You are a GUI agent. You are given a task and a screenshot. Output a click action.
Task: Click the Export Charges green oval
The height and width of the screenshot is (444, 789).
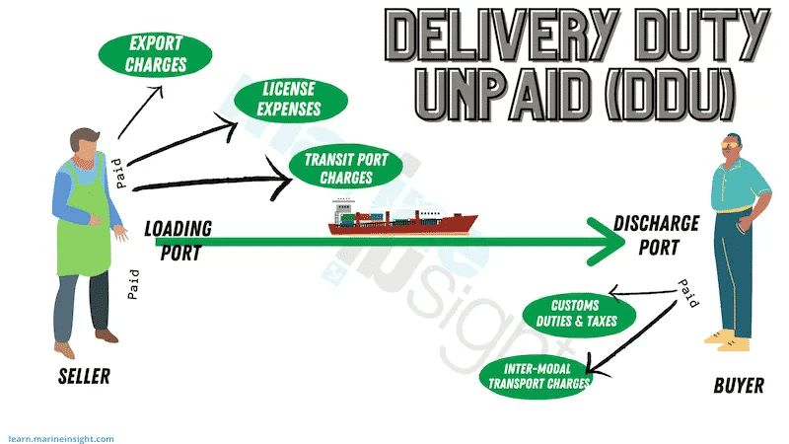(155, 54)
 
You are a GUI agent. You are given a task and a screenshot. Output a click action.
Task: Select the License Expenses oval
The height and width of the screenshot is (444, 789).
(291, 100)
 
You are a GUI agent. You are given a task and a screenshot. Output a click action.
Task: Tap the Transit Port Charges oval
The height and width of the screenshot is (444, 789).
(346, 168)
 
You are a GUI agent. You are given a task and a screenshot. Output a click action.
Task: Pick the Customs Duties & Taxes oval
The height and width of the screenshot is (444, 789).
(579, 314)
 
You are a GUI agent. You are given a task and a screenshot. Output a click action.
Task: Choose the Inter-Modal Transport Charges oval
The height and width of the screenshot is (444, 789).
(537, 377)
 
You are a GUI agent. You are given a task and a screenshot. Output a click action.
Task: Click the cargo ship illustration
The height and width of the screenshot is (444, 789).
(402, 217)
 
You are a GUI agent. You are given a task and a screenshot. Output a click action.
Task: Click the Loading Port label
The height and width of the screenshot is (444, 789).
(179, 241)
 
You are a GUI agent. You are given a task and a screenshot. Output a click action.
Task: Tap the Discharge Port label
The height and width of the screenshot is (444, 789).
(657, 235)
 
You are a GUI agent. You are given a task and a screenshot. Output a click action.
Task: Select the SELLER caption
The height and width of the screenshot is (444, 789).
(84, 377)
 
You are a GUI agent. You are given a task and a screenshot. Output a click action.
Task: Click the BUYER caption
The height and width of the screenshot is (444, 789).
(739, 386)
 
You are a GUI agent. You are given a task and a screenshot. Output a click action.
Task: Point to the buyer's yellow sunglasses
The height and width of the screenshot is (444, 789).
(731, 145)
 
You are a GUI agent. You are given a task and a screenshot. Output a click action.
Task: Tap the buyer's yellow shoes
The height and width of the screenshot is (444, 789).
(728, 340)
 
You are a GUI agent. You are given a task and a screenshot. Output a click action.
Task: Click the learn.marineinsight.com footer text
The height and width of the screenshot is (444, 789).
(61, 439)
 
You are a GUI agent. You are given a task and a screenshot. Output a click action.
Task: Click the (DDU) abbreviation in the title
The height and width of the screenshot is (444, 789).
(670, 94)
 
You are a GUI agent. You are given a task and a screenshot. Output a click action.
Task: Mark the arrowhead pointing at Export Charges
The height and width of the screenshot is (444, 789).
(158, 91)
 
